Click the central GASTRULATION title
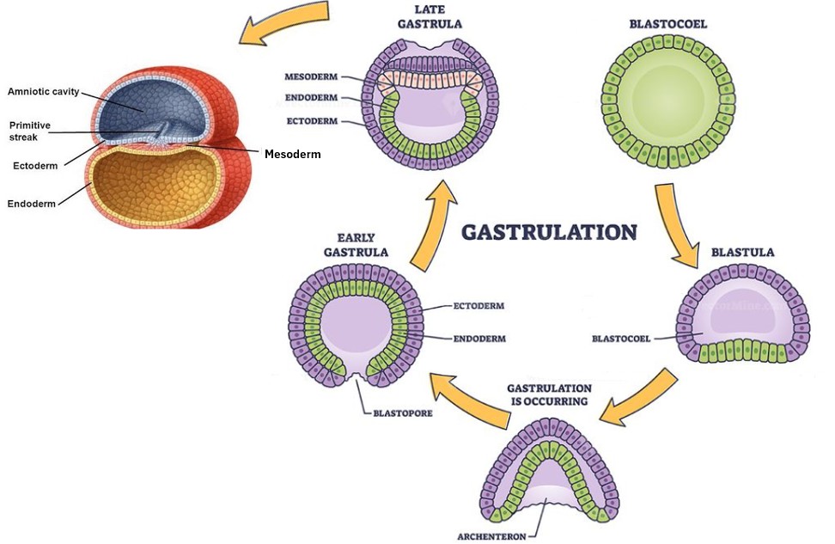pos(550,232)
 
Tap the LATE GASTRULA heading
pos(430,16)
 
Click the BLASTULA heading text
pos(743,253)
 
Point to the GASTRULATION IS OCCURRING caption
pos(549,394)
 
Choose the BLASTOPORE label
pos(401,413)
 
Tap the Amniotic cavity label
pos(43,91)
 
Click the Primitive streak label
pos(30,131)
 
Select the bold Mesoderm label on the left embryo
pos(293,155)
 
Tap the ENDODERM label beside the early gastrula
pos(479,339)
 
